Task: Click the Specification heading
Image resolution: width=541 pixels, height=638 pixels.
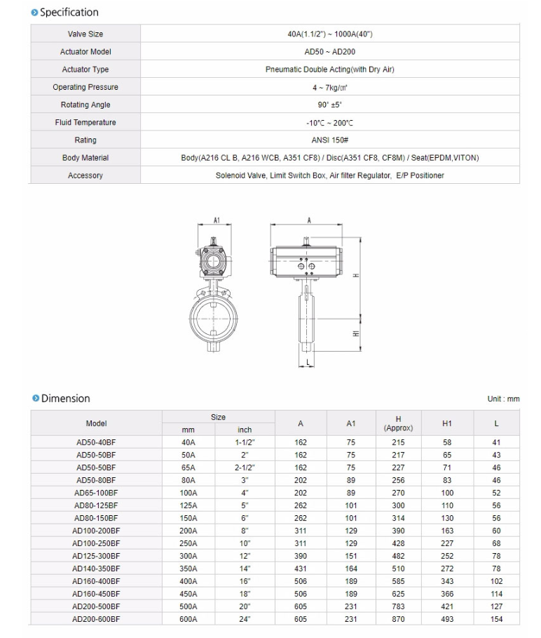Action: (69, 12)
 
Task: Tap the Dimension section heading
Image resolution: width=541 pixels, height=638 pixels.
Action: (65, 399)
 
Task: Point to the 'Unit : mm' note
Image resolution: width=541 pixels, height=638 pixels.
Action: (503, 399)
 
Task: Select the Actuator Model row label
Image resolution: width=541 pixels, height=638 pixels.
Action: (85, 52)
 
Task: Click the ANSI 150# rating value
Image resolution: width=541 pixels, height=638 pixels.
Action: (329, 140)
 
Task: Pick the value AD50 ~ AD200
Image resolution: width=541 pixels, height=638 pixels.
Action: (329, 52)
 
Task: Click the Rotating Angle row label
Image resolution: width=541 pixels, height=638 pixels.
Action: (85, 105)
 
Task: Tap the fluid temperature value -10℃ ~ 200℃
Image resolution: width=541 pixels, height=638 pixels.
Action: (329, 123)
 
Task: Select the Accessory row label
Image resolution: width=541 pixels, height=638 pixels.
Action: (85, 175)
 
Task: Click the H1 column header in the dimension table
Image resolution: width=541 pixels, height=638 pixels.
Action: (447, 423)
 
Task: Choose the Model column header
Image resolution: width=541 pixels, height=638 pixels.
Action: (96, 423)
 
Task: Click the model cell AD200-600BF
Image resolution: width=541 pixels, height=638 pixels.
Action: (96, 619)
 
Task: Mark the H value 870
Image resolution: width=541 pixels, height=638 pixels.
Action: (398, 619)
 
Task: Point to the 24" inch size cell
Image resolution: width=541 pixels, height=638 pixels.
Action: (245, 619)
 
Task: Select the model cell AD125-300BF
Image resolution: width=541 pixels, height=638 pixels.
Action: (96, 556)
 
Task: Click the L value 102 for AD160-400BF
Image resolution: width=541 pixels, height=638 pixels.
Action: (496, 581)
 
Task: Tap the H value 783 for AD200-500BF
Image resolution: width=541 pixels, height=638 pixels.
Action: (398, 606)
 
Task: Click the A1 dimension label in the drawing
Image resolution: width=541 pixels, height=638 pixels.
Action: (217, 220)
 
